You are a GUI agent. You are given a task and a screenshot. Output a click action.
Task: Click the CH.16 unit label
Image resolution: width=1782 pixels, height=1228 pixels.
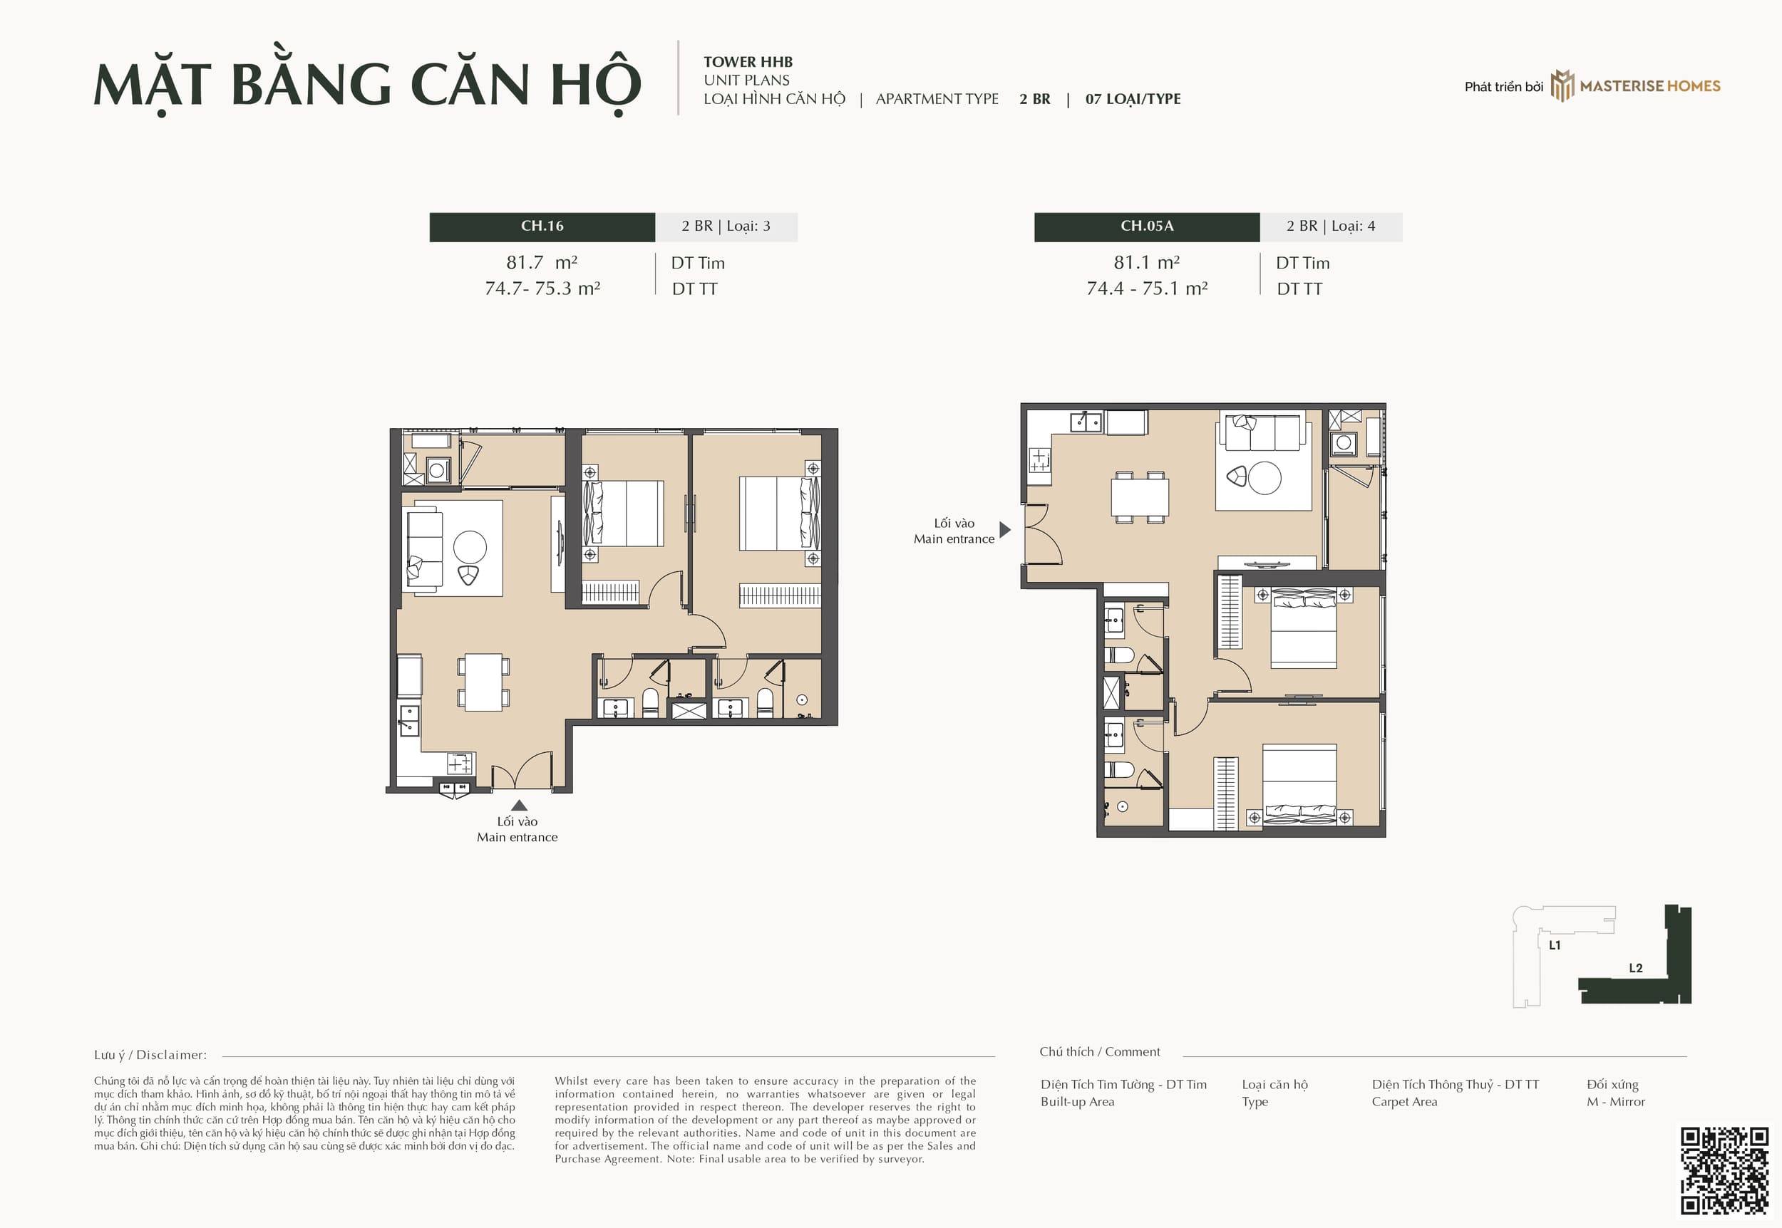pyautogui.click(x=542, y=227)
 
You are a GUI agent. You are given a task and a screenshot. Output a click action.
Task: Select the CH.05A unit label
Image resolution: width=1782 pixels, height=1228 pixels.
pyautogui.click(x=1146, y=227)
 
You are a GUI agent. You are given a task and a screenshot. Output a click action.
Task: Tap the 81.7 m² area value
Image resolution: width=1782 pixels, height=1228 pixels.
pyautogui.click(x=541, y=262)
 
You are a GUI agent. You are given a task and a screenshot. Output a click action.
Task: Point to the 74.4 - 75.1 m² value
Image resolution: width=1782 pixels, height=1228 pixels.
pyautogui.click(x=1146, y=288)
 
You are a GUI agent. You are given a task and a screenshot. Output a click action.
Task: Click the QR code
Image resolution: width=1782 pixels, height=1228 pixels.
pyautogui.click(x=1724, y=1171)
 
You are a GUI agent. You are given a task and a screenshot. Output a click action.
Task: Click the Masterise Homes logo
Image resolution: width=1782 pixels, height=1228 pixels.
pyautogui.click(x=1636, y=86)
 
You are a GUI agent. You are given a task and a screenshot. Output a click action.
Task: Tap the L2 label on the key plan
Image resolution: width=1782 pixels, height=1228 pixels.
pyautogui.click(x=1636, y=968)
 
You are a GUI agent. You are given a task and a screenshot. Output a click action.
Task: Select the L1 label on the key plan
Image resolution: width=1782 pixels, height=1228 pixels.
pyautogui.click(x=1555, y=945)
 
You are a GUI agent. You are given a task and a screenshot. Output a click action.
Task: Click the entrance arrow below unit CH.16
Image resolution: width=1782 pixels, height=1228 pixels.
pyautogui.click(x=520, y=805)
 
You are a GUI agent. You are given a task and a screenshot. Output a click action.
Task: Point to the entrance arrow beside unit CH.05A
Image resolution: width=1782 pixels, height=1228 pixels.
pyautogui.click(x=1004, y=529)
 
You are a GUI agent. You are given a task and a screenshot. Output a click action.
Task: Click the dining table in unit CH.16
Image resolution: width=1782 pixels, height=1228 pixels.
pyautogui.click(x=483, y=682)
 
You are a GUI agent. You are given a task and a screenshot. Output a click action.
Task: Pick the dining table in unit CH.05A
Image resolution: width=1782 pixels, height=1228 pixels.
pyautogui.click(x=1139, y=497)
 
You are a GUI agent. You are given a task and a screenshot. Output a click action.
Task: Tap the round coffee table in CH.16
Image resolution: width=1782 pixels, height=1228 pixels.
pyautogui.click(x=470, y=548)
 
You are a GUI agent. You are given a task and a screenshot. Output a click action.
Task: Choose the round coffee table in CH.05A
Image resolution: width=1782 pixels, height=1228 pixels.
pyautogui.click(x=1265, y=478)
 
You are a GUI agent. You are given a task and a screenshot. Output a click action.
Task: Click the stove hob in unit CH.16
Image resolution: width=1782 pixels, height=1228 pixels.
pyautogui.click(x=460, y=764)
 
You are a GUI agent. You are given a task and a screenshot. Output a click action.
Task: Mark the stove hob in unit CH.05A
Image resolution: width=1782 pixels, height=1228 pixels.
pyautogui.click(x=1040, y=460)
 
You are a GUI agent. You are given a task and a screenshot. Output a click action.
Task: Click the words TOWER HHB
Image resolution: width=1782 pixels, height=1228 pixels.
pyautogui.click(x=748, y=62)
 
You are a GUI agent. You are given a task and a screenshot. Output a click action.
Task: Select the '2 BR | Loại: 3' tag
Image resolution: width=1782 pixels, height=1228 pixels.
pyautogui.click(x=726, y=227)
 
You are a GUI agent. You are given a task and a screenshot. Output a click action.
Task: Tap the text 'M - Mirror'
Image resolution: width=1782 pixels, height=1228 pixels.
pyautogui.click(x=1615, y=1102)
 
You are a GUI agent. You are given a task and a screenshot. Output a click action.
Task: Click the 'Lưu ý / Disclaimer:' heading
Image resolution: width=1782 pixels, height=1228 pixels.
pyautogui.click(x=150, y=1055)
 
